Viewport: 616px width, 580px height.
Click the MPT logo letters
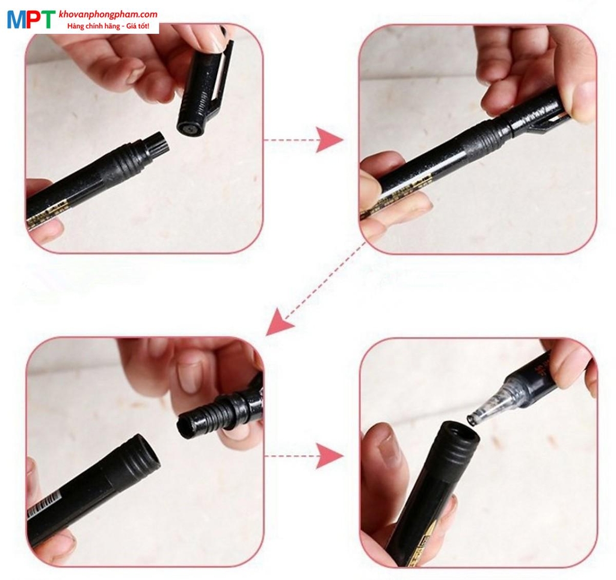31,20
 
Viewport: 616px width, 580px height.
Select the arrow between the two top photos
329,140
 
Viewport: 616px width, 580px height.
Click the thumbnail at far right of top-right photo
582,96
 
